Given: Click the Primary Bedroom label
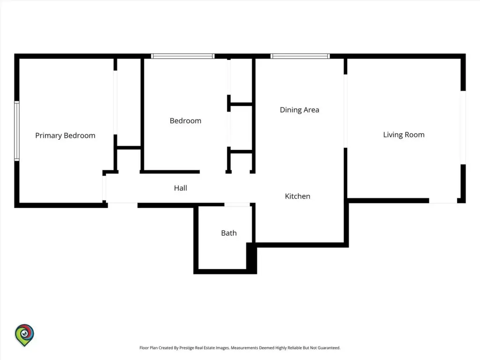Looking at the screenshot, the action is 65,135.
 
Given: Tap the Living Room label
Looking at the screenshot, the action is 404,135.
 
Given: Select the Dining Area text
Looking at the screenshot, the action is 300,110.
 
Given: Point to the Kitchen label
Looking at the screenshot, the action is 298,196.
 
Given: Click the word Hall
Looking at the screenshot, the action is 180,188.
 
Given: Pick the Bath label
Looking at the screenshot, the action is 229,233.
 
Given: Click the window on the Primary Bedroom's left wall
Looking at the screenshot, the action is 17,131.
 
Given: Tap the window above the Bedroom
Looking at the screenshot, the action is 183,56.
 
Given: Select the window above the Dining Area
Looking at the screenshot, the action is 300,56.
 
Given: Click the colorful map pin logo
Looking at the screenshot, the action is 24,335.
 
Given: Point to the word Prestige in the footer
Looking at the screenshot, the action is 187,348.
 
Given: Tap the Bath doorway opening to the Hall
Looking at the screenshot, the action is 237,204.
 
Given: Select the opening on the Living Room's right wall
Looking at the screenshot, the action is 463,127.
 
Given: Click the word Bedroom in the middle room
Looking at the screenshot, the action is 186,121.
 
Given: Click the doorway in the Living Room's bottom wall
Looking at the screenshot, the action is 443,201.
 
